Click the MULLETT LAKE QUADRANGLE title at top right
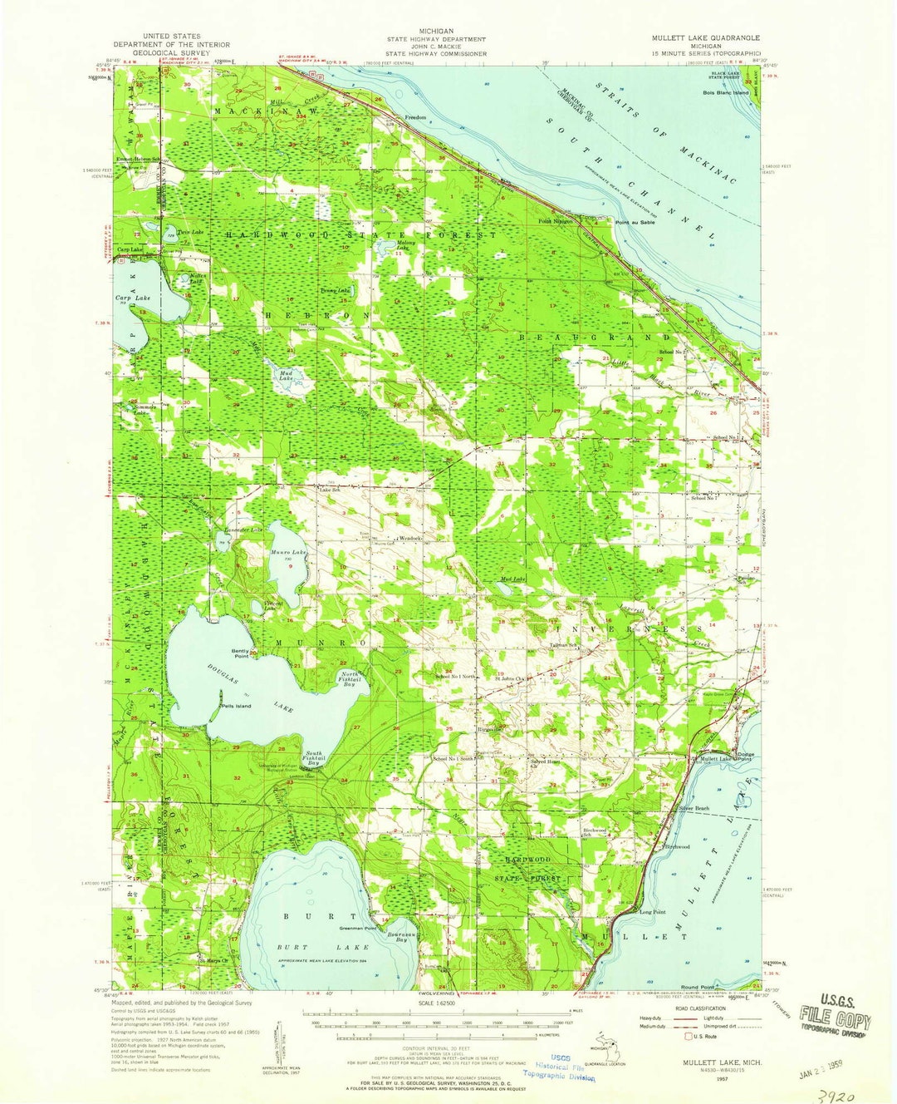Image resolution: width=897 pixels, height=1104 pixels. click(705, 38)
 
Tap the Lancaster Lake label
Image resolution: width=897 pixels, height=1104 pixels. click(243, 530)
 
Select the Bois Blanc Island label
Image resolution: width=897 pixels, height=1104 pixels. click(725, 92)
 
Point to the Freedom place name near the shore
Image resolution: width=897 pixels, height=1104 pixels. click(415, 117)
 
